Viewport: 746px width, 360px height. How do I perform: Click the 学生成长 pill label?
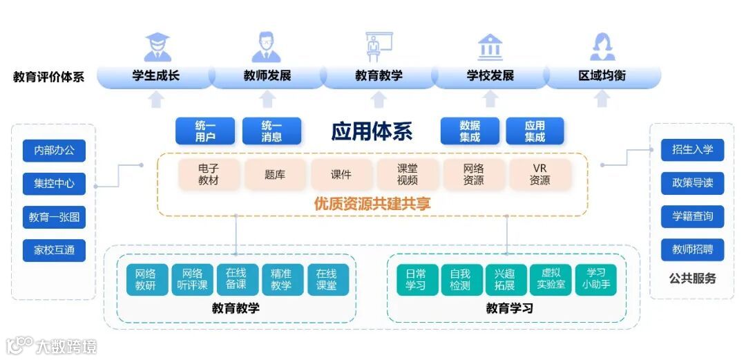(155, 75)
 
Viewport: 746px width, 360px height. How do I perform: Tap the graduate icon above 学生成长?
(157, 48)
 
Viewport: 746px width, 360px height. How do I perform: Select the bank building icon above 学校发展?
(490, 47)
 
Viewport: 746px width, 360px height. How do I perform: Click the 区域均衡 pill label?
(602, 75)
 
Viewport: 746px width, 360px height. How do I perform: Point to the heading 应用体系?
(372, 131)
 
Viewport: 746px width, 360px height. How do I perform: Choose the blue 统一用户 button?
(205, 131)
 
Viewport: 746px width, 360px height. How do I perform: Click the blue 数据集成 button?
(470, 131)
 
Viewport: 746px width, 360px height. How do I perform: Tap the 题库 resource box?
(275, 175)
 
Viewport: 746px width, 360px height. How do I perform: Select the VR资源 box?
(540, 175)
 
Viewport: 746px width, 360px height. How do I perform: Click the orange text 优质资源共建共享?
(372, 204)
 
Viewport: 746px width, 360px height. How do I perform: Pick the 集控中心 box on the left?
(54, 184)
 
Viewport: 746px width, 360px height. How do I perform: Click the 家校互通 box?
(54, 250)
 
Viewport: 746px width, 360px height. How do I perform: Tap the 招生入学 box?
(692, 150)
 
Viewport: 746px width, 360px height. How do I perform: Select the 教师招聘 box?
(692, 249)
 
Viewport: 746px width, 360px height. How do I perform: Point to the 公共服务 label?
(692, 278)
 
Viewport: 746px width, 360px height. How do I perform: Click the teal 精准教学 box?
(281, 279)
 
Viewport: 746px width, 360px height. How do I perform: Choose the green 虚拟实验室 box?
(551, 279)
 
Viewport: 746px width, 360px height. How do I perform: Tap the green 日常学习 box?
(416, 279)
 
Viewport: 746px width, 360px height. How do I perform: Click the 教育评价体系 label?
(48, 77)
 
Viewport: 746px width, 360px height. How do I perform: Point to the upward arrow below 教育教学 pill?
(379, 100)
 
